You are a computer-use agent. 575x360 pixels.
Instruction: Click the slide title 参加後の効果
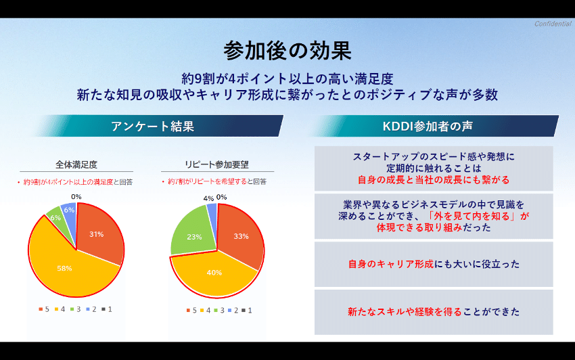(287, 50)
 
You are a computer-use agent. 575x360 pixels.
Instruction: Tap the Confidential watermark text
(553, 24)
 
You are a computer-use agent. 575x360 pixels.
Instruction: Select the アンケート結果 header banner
(153, 126)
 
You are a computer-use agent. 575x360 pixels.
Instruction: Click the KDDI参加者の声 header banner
(432, 126)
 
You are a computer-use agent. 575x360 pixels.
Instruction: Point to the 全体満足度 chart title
(76, 164)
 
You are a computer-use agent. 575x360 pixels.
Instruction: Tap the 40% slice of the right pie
(213, 274)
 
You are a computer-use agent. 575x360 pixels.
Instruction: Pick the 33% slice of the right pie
(239, 235)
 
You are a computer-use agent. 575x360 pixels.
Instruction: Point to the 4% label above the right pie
(208, 198)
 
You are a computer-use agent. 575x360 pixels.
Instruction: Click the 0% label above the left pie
(76, 197)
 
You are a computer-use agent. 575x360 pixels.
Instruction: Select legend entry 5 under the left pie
(42, 309)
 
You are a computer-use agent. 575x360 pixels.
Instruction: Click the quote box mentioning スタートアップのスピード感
(434, 168)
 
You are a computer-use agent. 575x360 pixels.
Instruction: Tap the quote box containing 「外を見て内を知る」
(434, 216)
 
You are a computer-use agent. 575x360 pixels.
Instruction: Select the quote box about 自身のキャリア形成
(434, 263)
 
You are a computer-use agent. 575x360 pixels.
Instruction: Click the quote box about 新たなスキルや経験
(434, 311)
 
